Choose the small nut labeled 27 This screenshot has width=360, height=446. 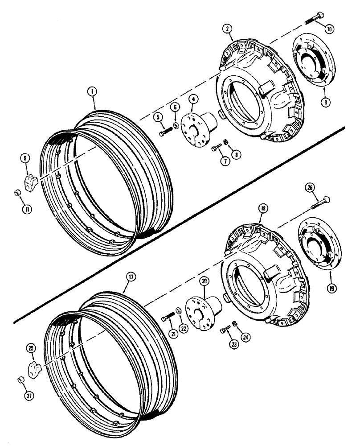point(20,379)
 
